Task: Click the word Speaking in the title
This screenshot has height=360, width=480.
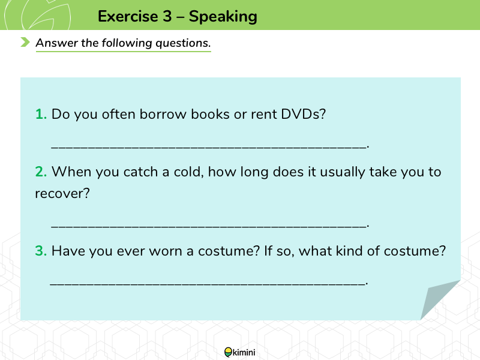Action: tap(223, 17)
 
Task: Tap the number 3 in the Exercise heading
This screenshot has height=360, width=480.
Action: tap(167, 16)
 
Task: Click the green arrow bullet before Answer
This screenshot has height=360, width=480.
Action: tap(25, 42)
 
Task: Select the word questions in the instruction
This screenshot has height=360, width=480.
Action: tap(183, 43)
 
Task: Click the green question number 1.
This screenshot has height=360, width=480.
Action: tap(41, 114)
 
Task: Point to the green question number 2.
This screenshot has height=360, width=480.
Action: tap(41, 172)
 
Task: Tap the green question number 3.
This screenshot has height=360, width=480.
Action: tap(41, 251)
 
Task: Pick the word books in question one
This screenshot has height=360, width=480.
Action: tap(210, 114)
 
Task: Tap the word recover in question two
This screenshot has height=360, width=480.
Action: tap(62, 193)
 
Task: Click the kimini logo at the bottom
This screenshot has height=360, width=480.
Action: tap(239, 352)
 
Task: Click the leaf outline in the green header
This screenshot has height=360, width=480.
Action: tap(46, 16)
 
